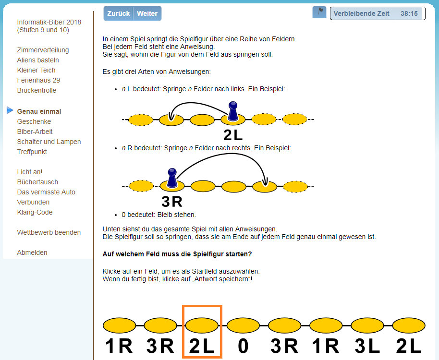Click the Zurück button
pos(119,13)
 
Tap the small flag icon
pos(319,12)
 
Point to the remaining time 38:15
pos(409,13)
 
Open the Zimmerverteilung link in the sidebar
pos(43,50)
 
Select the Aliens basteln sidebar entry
pos(38,60)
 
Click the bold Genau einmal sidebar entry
pos(39,111)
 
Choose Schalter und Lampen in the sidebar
pos(49,142)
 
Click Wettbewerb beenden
pos(49,232)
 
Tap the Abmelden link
pos(32,252)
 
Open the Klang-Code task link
pos(35,212)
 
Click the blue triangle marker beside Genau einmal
pos(10,110)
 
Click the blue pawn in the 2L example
pos(233,111)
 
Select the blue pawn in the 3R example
pos(172,178)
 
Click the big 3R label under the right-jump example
pos(172,202)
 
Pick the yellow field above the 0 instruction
pos(243,325)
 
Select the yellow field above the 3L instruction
pos(367,325)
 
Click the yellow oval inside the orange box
pos(202,325)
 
